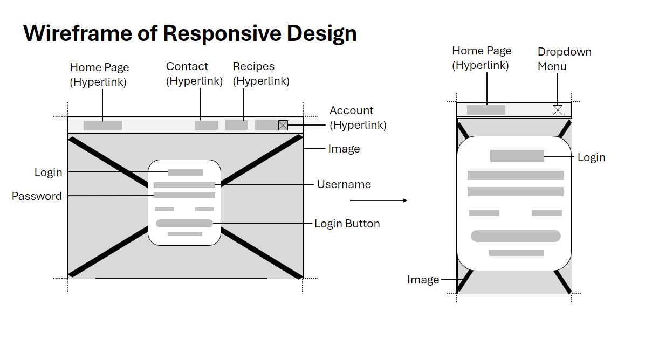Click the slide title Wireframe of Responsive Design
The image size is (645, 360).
190,33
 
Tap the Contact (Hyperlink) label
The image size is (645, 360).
194,73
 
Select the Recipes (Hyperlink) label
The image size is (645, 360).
261,73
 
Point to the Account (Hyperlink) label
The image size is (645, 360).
358,117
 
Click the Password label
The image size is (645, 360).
37,196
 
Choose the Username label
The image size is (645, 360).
344,184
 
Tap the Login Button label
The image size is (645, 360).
347,224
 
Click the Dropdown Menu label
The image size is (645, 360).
564,59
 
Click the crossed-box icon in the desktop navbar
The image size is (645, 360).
283,126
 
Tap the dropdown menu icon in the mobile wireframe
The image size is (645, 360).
558,110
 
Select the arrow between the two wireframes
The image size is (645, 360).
379,200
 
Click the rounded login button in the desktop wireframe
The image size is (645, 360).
184,224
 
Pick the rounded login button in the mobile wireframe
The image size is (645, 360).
516,236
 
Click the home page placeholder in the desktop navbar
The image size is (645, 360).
103,126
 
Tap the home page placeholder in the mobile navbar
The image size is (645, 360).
486,110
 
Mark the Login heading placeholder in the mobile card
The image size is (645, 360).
517,156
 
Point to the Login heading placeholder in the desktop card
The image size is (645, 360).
186,172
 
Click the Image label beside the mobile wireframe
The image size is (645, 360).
423,280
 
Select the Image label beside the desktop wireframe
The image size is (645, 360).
344,149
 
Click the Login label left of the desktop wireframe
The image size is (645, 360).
49,172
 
